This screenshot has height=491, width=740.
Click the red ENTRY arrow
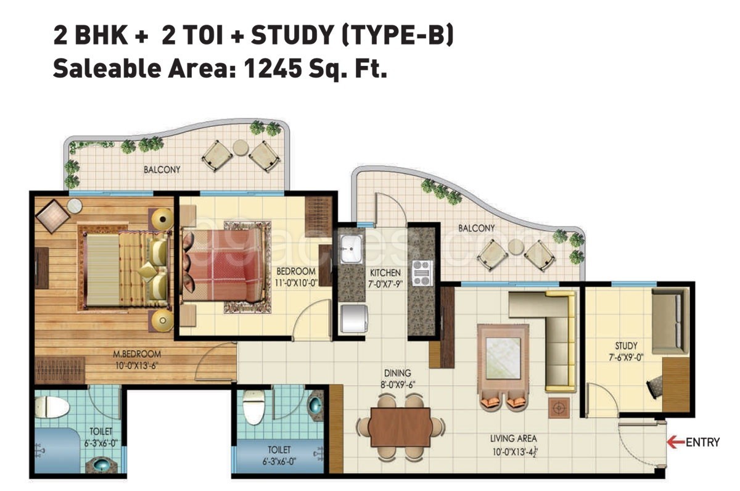(x=676, y=442)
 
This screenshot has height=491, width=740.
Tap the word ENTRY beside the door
(x=702, y=442)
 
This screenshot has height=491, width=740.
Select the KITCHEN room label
(x=385, y=273)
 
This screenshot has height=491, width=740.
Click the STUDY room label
(x=626, y=346)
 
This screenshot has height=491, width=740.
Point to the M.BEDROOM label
(x=137, y=354)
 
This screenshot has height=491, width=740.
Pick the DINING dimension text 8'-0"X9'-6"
(x=397, y=385)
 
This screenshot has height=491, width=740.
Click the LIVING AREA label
(x=513, y=439)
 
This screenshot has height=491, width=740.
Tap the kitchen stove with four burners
(x=422, y=273)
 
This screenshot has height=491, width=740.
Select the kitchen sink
(x=351, y=249)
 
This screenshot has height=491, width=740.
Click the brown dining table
(x=400, y=427)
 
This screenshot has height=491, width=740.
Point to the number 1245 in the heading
(x=273, y=68)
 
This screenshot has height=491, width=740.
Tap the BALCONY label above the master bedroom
(x=162, y=170)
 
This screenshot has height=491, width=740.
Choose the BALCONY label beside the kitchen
(x=476, y=228)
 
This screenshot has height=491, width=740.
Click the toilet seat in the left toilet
(x=52, y=406)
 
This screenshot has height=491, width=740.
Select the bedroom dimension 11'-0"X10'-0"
(x=296, y=283)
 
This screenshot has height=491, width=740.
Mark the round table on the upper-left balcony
(x=240, y=147)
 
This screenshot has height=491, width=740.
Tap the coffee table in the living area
(x=503, y=358)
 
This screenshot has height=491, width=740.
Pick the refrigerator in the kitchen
(x=354, y=318)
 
